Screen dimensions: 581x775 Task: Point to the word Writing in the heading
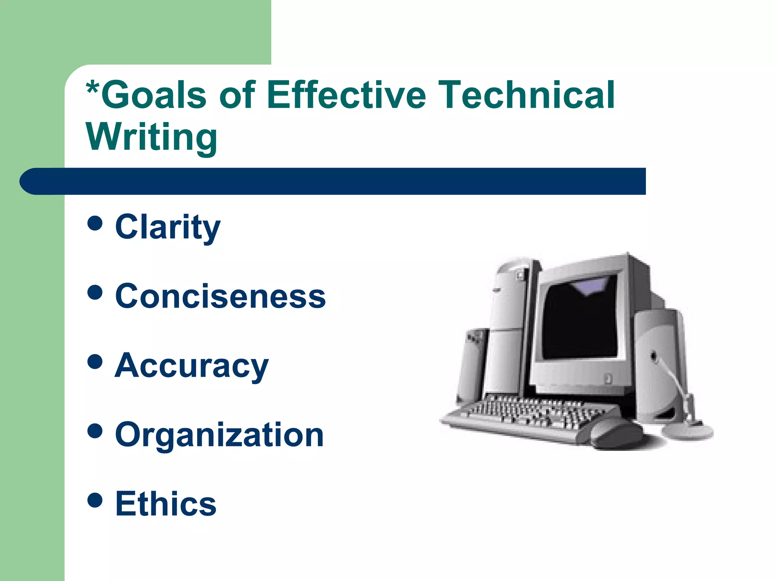click(152, 137)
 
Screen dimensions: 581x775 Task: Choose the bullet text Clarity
click(168, 227)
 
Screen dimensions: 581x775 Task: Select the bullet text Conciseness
click(220, 296)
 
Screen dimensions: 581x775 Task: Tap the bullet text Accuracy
click(191, 366)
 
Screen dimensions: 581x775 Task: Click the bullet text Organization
click(219, 435)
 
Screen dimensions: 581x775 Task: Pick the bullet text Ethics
click(166, 504)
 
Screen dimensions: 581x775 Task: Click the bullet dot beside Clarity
click(95, 223)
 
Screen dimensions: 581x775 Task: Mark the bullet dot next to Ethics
click(95, 500)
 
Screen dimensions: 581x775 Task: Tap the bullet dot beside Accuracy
click(95, 361)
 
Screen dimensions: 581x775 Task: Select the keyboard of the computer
click(530, 416)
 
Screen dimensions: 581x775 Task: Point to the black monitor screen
click(579, 322)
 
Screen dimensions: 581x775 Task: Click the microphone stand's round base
click(687, 431)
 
